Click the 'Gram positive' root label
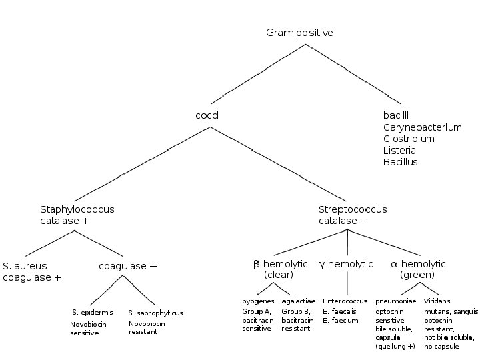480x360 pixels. click(299, 33)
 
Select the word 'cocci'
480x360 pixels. click(207, 115)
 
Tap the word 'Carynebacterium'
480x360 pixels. click(422, 127)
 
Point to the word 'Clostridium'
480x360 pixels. click(409, 139)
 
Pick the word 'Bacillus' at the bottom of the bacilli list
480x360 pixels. click(400, 162)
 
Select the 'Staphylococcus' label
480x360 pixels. click(77, 209)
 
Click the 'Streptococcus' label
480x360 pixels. click(352, 209)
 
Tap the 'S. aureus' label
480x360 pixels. click(26, 266)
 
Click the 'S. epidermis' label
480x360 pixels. click(92, 312)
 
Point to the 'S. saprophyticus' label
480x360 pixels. click(155, 313)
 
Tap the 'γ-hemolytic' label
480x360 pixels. click(346, 264)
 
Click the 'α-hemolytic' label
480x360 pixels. click(417, 264)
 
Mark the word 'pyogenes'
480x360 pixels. click(258, 301)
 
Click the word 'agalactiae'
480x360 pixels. click(298, 301)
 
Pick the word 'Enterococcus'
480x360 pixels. click(345, 301)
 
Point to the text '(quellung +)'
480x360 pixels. click(395, 347)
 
